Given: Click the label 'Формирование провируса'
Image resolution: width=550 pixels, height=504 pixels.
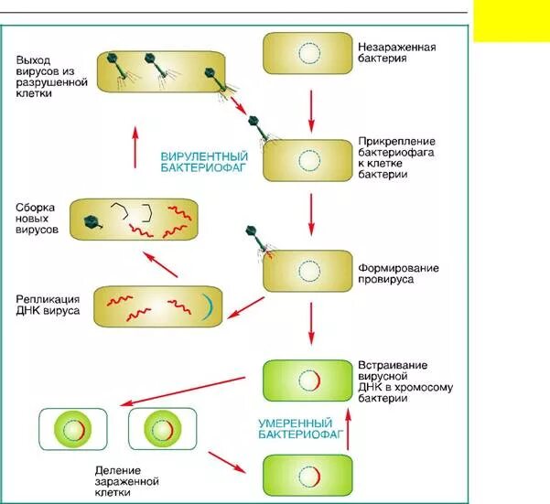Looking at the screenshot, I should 398,273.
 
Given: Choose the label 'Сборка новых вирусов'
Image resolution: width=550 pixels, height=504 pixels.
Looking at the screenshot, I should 38,218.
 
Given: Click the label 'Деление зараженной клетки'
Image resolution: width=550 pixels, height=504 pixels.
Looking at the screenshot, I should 127,480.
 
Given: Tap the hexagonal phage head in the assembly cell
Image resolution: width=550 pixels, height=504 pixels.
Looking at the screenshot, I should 92,220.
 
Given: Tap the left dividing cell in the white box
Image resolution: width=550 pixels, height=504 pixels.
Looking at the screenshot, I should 73,430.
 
